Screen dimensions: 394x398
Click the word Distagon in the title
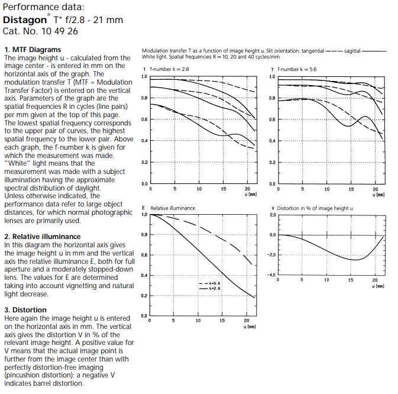25,20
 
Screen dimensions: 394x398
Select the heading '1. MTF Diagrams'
32,50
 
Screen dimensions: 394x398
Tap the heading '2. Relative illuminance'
42,236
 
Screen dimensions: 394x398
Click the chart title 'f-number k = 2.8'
169,69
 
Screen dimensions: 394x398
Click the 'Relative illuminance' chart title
173,208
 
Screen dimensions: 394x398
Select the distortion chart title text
315,208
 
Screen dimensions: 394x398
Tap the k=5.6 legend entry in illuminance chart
212,283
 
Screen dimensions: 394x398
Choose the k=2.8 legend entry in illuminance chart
212,288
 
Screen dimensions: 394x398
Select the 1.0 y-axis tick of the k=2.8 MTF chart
144,76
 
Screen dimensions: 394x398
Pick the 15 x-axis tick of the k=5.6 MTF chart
351,189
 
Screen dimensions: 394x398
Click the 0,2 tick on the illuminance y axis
144,295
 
